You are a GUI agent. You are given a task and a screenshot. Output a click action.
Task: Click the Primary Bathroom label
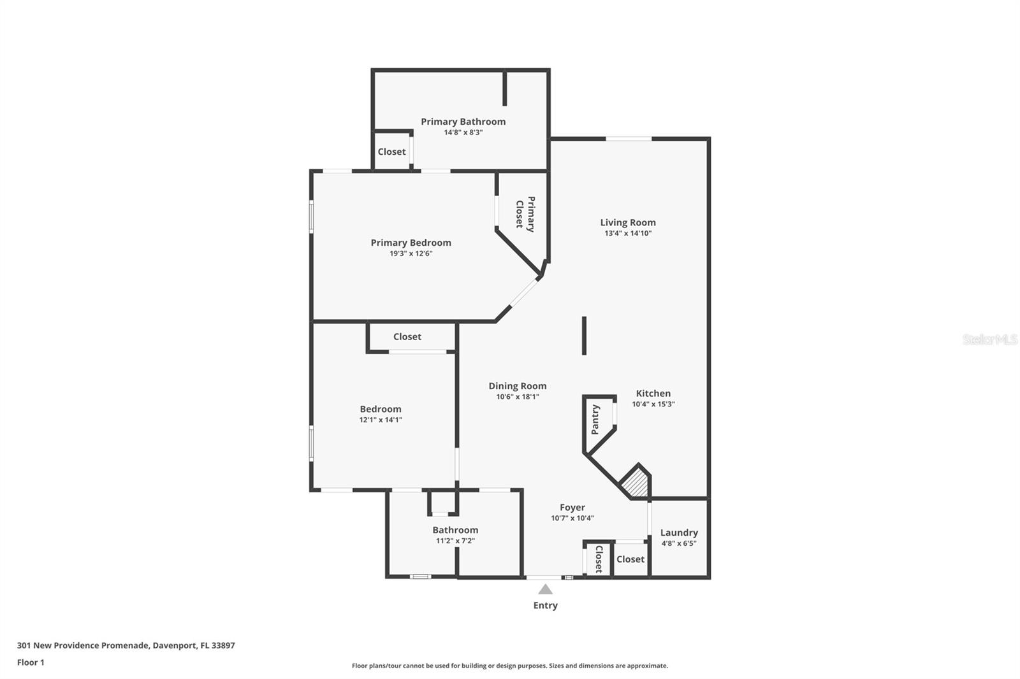click(x=463, y=122)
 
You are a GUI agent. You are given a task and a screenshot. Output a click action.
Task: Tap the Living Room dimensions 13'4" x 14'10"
click(x=628, y=233)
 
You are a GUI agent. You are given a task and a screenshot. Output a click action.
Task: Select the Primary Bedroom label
click(x=411, y=243)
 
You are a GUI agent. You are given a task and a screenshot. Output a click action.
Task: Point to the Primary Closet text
click(x=525, y=214)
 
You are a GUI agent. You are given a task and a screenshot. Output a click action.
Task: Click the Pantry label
click(x=595, y=420)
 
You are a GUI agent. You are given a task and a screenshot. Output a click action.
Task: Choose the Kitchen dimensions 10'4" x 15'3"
click(x=653, y=404)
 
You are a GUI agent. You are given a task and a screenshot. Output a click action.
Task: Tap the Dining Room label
click(x=517, y=386)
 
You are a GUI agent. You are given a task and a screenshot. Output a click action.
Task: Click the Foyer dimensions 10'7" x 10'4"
click(x=572, y=517)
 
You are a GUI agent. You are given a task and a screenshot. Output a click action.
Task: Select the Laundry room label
click(x=679, y=532)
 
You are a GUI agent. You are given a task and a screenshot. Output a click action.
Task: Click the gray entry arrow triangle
click(x=545, y=590)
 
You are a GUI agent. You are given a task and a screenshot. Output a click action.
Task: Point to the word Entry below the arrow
click(x=546, y=605)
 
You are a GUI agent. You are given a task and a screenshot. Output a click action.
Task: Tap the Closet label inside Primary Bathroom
click(x=391, y=152)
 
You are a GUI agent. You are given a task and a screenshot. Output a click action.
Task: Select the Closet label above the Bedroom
click(x=407, y=336)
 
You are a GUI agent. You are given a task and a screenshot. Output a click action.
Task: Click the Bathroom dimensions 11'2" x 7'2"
click(x=455, y=541)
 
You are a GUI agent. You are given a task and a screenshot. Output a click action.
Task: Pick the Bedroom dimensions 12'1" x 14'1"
click(x=381, y=420)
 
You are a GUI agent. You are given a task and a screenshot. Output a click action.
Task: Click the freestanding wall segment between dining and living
click(x=584, y=336)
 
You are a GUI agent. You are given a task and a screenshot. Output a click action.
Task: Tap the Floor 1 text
click(x=31, y=662)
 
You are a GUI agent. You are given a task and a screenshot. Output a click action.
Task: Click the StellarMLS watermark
click(x=990, y=339)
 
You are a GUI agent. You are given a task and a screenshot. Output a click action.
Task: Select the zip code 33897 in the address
click(x=223, y=645)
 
